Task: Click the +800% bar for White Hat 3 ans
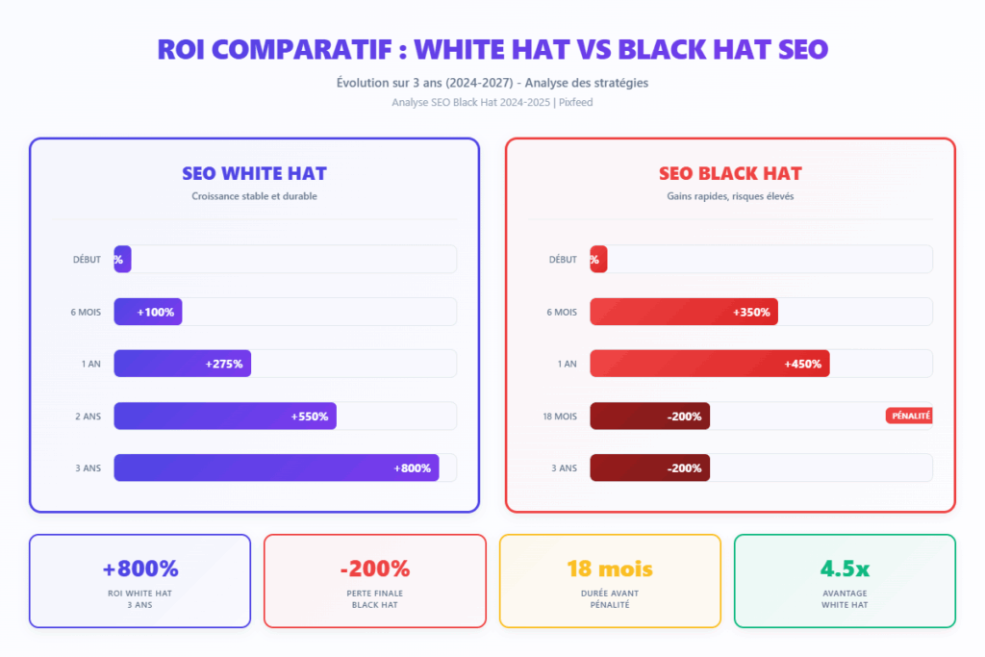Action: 276,467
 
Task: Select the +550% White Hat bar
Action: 225,416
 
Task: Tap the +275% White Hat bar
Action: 182,364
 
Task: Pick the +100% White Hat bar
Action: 148,312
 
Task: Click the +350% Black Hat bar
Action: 683,312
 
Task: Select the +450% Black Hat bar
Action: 709,364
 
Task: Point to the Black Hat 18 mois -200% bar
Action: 649,416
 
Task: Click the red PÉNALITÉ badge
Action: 909,416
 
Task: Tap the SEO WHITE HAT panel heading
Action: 254,174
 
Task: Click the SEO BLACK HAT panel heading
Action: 730,174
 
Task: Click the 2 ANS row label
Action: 87,417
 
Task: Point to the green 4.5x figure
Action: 844,569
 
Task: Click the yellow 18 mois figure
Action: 609,569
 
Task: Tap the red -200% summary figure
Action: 374,569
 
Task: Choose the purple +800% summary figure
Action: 139,569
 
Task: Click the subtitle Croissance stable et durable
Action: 254,196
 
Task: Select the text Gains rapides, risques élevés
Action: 730,196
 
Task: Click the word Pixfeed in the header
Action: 575,102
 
